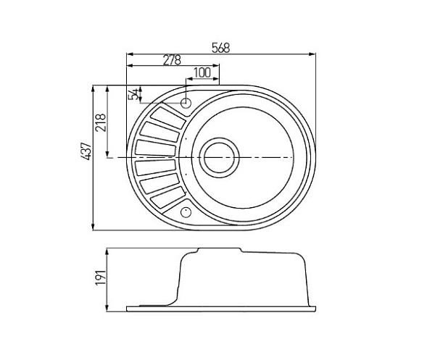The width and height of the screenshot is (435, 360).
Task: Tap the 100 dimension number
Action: [202, 72]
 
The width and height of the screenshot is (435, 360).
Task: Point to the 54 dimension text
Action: [133, 95]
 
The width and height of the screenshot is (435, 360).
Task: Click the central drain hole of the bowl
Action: [218, 156]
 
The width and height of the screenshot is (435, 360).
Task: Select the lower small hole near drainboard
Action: [185, 212]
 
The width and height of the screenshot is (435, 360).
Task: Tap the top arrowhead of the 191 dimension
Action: [107, 251]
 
